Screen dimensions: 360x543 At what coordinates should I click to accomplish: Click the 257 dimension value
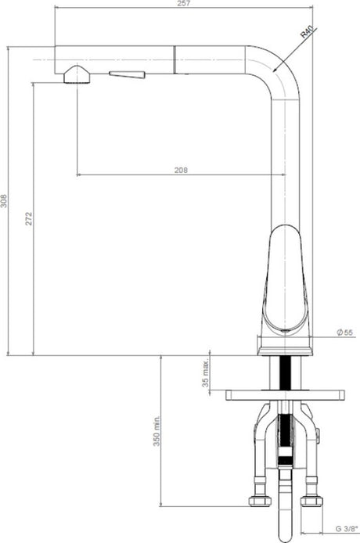[183, 3]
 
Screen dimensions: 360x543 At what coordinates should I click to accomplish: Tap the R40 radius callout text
[307, 31]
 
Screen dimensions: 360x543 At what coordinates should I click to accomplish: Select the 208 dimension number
[181, 170]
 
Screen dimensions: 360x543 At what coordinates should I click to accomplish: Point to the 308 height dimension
[4, 200]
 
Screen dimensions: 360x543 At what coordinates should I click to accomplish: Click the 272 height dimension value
[29, 218]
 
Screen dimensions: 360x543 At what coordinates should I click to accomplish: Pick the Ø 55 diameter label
[345, 333]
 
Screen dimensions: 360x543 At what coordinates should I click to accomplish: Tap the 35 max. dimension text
[206, 373]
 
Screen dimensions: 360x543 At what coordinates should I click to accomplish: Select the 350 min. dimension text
[157, 431]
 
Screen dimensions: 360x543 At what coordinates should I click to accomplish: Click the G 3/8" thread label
[347, 529]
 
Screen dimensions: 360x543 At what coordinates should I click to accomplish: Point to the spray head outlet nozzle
[77, 74]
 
